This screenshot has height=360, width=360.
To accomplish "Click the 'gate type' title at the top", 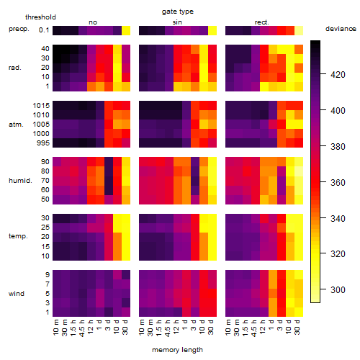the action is click(178, 12).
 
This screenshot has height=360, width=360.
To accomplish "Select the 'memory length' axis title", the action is click(177, 350).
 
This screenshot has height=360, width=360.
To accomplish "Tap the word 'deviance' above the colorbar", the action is click(341, 29).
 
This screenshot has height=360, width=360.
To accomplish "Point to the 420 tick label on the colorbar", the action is click(338, 75).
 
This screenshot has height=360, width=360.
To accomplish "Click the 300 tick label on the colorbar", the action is click(338, 290).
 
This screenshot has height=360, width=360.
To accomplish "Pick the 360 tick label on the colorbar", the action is click(338, 183).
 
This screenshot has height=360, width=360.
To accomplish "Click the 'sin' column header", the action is click(177, 22).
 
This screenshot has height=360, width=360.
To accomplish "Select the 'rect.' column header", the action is click(261, 22).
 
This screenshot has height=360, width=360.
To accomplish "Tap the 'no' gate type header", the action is click(93, 22).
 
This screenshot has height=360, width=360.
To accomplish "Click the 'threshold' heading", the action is click(40, 17).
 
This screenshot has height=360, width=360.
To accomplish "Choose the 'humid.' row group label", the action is click(20, 181).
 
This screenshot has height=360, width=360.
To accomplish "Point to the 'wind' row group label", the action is click(17, 294).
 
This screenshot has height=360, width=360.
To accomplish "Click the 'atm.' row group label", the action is click(16, 125).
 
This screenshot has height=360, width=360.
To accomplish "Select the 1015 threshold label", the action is click(41, 106).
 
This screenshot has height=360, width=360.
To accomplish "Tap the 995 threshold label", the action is click(43, 143).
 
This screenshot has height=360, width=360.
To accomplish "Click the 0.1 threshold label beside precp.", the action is click(44, 30).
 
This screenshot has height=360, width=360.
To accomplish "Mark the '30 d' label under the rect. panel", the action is click(297, 327).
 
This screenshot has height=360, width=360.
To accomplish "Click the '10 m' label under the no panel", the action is click(56, 328).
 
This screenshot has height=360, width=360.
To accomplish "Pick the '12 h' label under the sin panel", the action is click(176, 327).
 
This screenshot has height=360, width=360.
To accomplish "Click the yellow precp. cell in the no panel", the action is click(126, 31).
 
